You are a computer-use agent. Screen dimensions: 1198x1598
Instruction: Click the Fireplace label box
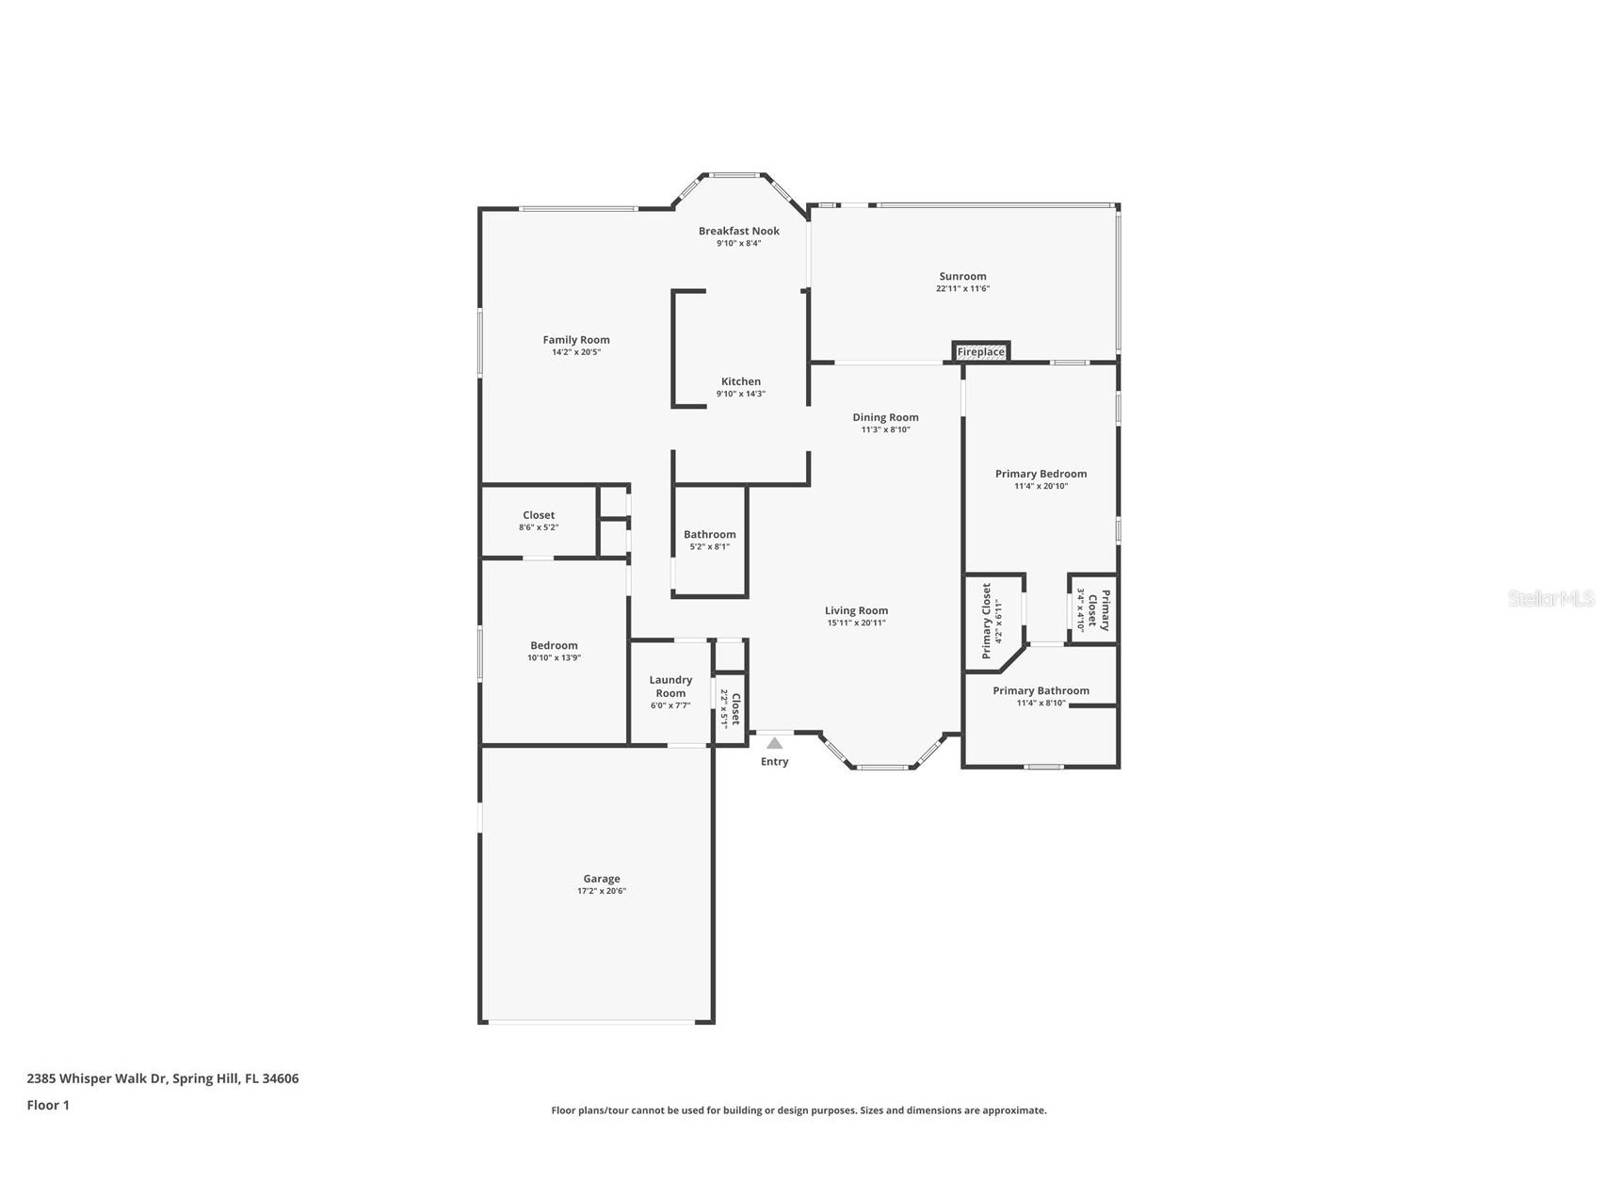980,351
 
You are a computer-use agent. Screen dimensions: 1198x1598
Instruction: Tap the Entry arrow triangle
774,743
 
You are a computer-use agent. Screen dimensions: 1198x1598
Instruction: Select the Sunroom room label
962,276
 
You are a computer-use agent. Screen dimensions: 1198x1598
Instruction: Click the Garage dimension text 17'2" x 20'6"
602,891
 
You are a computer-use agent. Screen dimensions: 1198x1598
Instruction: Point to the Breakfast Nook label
738,231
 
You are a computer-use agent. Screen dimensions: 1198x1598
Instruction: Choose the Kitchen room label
741,381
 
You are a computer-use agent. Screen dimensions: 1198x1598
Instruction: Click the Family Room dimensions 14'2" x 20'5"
576,352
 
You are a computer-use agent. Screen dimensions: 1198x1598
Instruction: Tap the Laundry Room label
670,687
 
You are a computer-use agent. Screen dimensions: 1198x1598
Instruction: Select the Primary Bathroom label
1041,690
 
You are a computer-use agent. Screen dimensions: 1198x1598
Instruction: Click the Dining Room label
885,417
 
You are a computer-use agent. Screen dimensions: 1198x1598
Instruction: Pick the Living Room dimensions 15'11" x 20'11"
856,623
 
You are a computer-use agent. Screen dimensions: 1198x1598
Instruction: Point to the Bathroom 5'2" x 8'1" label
709,540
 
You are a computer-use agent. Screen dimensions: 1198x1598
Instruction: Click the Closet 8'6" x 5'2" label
539,521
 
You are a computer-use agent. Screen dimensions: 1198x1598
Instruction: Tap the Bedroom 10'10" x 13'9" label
554,651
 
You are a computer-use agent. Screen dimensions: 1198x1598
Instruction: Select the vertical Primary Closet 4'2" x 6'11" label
992,621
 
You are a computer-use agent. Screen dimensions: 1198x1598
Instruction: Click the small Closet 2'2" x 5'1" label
731,708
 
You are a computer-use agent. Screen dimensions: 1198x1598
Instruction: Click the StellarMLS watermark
1550,598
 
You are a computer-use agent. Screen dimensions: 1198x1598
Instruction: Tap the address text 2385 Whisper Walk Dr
162,1078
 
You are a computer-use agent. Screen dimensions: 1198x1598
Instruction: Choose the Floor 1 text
48,1105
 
